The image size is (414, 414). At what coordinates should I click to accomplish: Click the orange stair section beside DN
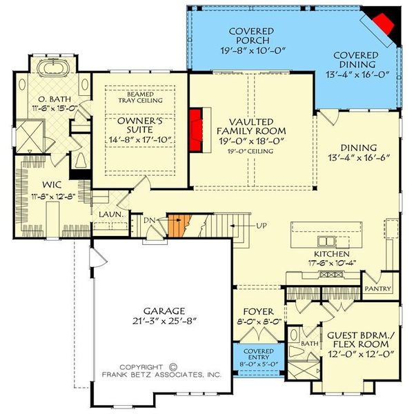click(179, 226)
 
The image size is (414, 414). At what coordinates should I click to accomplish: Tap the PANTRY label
click(379, 288)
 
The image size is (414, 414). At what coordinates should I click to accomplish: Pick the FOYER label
click(253, 311)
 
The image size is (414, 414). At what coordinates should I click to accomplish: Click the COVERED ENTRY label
click(253, 353)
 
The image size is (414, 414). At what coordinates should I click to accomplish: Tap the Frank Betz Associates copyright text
click(161, 371)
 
